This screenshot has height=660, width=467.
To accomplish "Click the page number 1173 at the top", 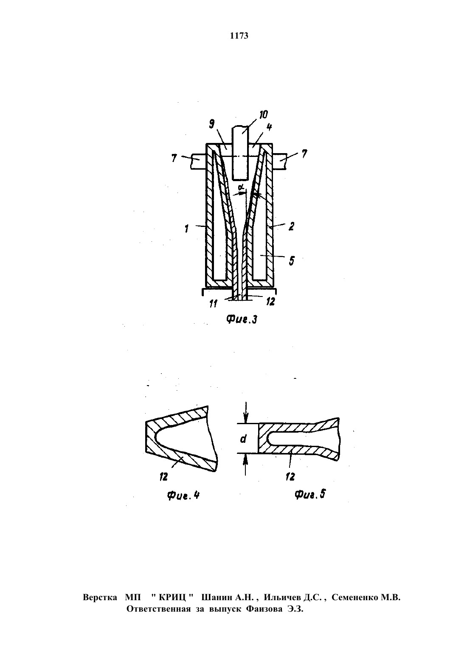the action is pyautogui.click(x=239, y=36).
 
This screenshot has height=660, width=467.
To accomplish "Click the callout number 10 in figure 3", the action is pyautogui.click(x=263, y=115).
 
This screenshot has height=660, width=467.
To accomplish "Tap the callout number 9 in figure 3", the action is pyautogui.click(x=212, y=124).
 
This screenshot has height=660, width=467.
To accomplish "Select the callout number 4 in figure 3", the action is pyautogui.click(x=269, y=127).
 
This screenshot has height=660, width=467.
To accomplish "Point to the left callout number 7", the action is pyautogui.click(x=174, y=158).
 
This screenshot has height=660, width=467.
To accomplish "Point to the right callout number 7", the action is pyautogui.click(x=304, y=154).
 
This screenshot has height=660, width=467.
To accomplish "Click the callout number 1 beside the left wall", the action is pyautogui.click(x=187, y=229).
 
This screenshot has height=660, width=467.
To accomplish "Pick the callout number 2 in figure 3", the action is pyautogui.click(x=291, y=226).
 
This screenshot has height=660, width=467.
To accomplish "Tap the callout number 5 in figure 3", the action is pyautogui.click(x=292, y=260).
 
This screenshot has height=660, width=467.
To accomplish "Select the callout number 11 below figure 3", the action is pyautogui.click(x=213, y=304).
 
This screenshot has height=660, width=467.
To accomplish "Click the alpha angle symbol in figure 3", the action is pyautogui.click(x=241, y=187).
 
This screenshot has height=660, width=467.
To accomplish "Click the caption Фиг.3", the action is pyautogui.click(x=242, y=319).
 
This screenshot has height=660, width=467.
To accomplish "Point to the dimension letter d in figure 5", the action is pyautogui.click(x=243, y=439).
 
